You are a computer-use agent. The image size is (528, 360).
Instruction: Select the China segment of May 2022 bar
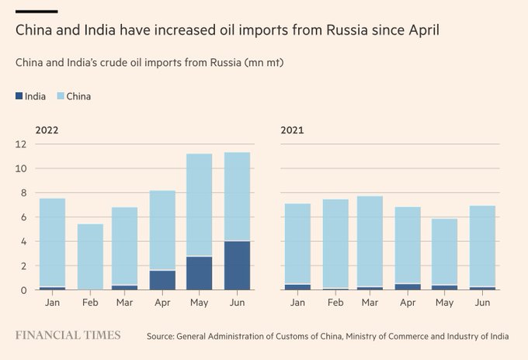200,205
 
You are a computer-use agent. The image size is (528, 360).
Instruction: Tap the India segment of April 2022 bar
162,280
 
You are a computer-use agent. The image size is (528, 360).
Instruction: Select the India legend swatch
19,97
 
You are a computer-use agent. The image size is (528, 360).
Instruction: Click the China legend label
78,97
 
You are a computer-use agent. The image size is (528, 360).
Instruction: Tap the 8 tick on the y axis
25,193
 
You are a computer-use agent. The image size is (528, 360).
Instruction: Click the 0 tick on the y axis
25,290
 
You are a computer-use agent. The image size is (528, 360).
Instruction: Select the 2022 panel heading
47,130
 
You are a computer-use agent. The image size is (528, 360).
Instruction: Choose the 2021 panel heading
292,130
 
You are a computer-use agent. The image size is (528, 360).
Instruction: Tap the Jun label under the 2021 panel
482,303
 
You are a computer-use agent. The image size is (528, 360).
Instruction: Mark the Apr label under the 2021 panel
407,303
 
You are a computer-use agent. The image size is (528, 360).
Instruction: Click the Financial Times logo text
68,335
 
